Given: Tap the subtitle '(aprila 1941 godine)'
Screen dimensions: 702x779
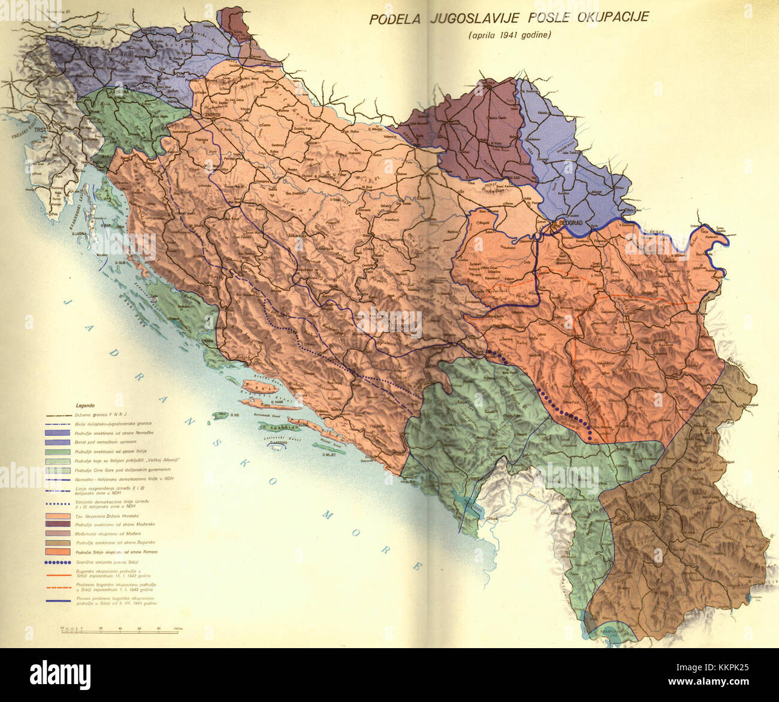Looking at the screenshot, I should pyautogui.click(x=509, y=35).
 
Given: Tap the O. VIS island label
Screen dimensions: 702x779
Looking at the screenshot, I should pyautogui.click(x=223, y=414).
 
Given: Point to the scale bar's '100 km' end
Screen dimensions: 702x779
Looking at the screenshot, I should pyautogui.click(x=177, y=628).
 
